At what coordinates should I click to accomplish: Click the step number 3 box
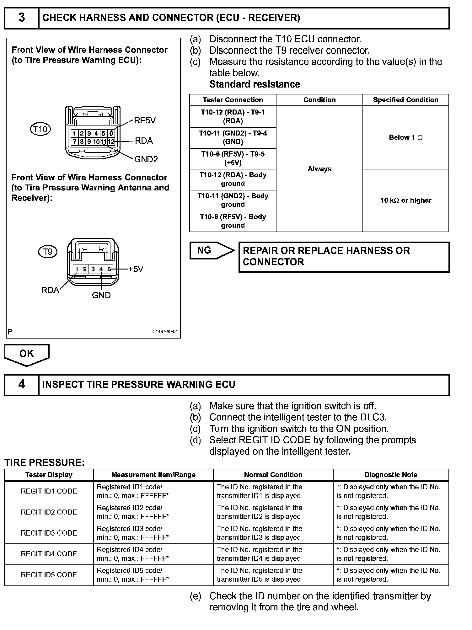click(21, 18)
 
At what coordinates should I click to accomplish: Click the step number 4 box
click(21, 384)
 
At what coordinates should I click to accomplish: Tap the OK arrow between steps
click(27, 354)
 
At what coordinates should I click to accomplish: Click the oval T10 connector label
click(40, 129)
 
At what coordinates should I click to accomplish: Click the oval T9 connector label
click(48, 252)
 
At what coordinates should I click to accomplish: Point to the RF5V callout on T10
click(145, 121)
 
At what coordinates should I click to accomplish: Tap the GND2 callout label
click(146, 159)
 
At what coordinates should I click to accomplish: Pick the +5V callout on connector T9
click(136, 269)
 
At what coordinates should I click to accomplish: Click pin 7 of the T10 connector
click(75, 142)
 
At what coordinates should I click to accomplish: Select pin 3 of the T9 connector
click(93, 269)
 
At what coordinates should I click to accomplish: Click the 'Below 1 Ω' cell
click(405, 137)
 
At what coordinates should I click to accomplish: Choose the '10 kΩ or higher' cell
click(405, 200)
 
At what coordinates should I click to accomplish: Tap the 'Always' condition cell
click(319, 169)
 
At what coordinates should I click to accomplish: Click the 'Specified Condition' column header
click(405, 100)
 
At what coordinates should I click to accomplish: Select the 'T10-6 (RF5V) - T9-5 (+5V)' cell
click(233, 158)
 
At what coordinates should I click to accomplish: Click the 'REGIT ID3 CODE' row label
click(49, 533)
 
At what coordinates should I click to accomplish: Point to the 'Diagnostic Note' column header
click(390, 475)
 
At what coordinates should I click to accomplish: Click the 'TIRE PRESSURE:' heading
click(44, 462)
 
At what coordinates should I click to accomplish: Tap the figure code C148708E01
click(165, 331)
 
